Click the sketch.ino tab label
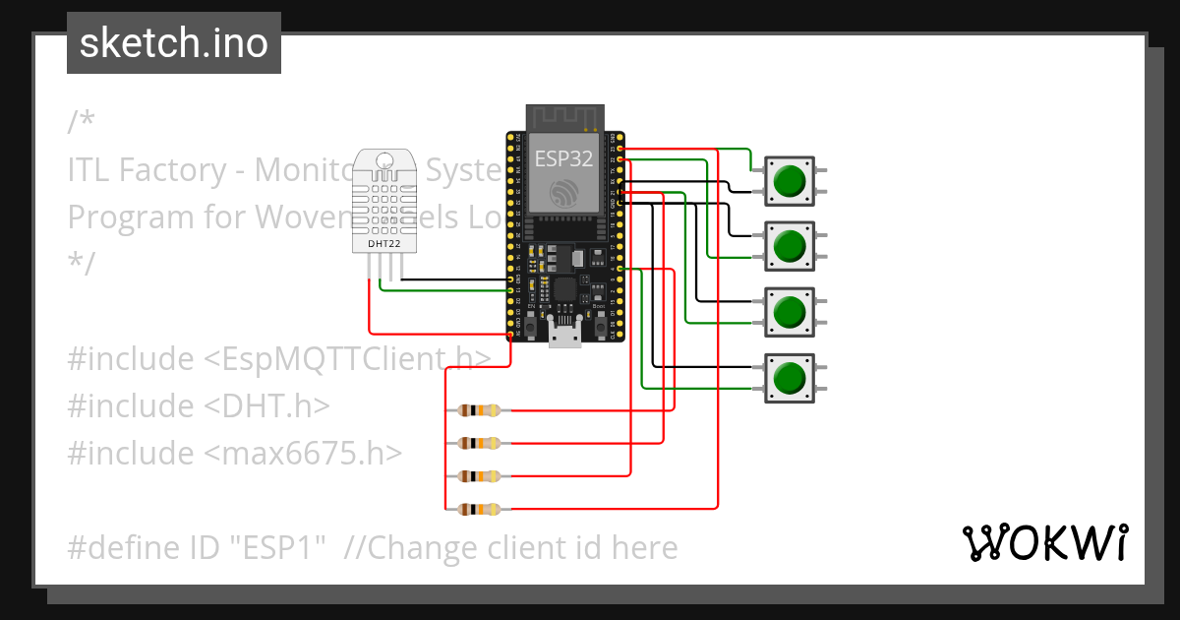(174, 43)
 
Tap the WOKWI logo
(1043, 542)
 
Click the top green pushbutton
(789, 181)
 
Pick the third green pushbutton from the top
(789, 312)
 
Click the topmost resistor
(480, 410)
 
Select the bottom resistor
(480, 509)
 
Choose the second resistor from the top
(480, 443)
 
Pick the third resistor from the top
(480, 476)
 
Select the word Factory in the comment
(183, 170)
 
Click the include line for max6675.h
(235, 453)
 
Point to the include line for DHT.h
(199, 405)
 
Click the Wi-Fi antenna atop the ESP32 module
(564, 117)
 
